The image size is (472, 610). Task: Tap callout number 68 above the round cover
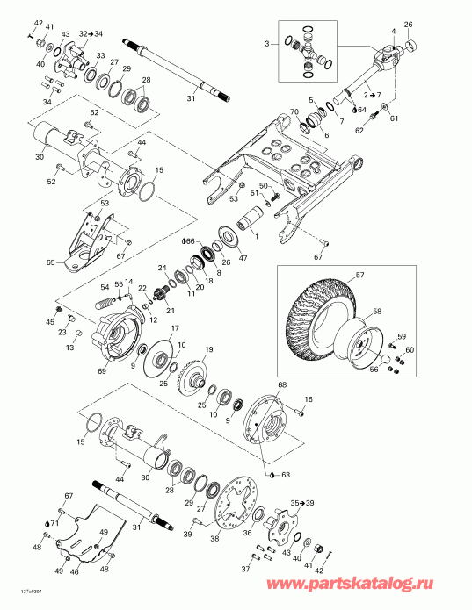pos(282,385)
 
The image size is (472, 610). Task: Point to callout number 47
pos(243,259)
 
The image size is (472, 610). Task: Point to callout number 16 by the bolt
pos(309,399)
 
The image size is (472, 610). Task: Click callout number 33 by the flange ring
pos(100,56)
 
